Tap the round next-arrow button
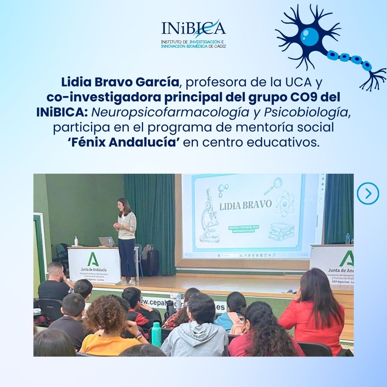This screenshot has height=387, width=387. pyautogui.click(x=368, y=193)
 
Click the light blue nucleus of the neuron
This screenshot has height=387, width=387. pyautogui.click(x=309, y=37)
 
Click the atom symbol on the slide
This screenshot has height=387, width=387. pyautogui.click(x=285, y=203)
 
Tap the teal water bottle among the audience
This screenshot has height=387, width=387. pyautogui.click(x=156, y=334)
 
